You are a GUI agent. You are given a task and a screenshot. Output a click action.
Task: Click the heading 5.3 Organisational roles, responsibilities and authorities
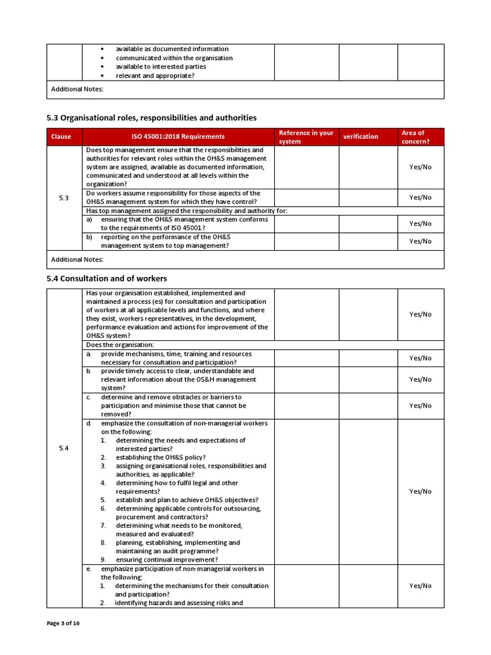click(x=152, y=118)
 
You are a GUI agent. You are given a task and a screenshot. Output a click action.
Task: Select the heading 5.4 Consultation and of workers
click(x=107, y=278)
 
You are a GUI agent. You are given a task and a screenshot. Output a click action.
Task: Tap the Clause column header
click(x=61, y=136)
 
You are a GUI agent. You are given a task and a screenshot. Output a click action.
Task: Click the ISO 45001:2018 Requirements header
click(x=178, y=136)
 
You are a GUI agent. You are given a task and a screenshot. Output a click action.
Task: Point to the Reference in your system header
click(x=306, y=137)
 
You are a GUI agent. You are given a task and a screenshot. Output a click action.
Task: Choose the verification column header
click(x=361, y=136)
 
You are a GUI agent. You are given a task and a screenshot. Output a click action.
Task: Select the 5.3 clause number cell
click(x=64, y=198)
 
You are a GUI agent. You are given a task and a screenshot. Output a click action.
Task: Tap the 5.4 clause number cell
click(x=64, y=448)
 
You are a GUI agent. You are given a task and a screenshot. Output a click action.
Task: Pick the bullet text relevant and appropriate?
click(x=155, y=75)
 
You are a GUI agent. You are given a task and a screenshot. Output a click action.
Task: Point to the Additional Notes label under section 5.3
click(x=77, y=259)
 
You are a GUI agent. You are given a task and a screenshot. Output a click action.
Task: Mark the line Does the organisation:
click(x=120, y=345)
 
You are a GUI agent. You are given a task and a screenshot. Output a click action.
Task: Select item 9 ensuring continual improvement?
click(x=166, y=560)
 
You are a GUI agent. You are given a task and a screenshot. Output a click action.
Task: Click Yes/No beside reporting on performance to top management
click(x=420, y=241)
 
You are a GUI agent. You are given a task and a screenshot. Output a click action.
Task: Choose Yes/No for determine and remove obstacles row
click(x=420, y=406)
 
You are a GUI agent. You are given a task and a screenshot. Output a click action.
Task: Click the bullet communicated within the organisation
click(x=174, y=58)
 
